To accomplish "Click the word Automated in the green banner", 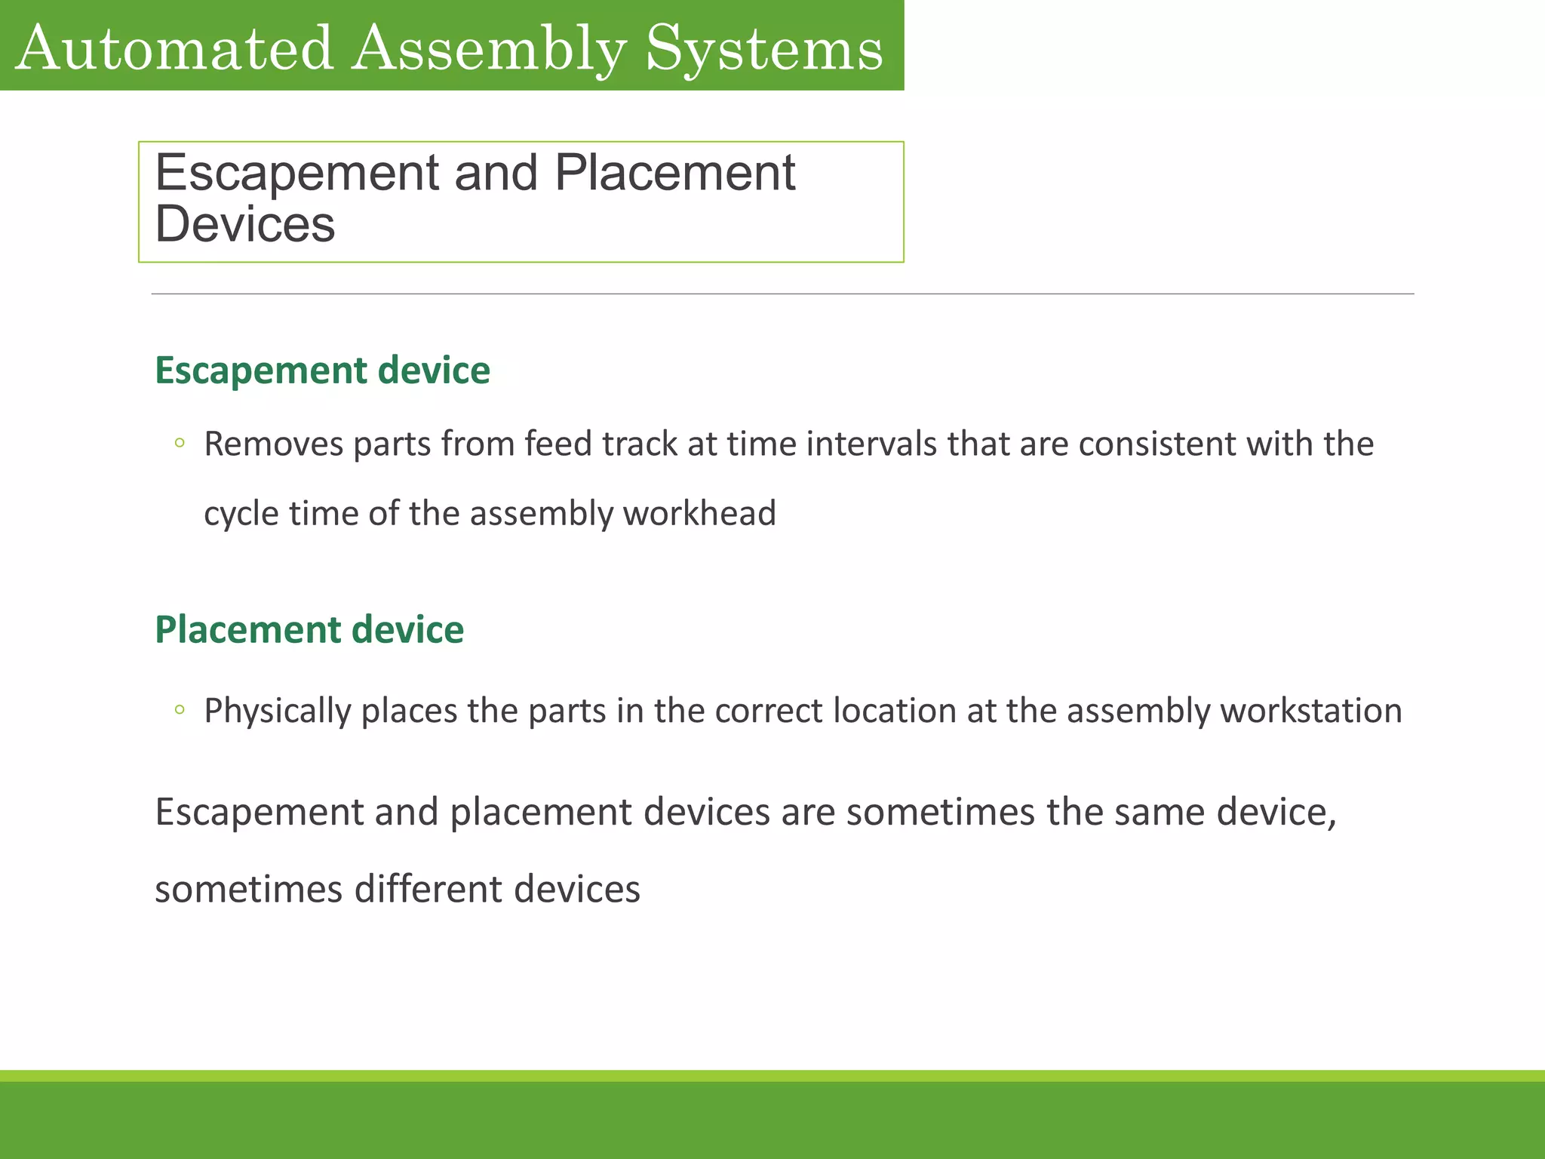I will coord(174,48).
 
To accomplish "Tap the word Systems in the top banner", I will coord(764,48).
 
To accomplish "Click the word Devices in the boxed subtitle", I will coord(244,224).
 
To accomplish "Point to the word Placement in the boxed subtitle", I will coord(674,173).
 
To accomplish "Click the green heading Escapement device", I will coord(322,370).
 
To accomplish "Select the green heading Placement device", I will coord(309,629).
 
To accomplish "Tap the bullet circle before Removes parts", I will coord(180,443).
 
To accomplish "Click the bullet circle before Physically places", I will coord(180,709).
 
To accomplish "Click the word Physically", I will coord(278,711).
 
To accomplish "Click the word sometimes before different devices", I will coord(249,889).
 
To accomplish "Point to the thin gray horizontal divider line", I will coord(782,294).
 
